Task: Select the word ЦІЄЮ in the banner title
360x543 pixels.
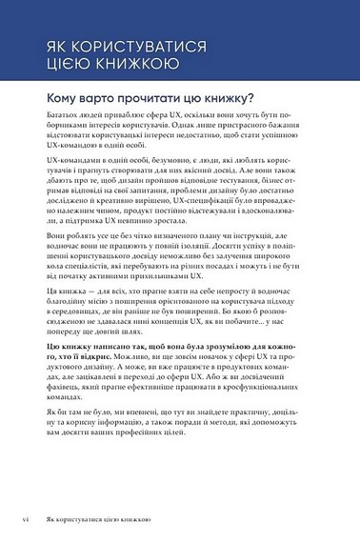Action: [x=57, y=65]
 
